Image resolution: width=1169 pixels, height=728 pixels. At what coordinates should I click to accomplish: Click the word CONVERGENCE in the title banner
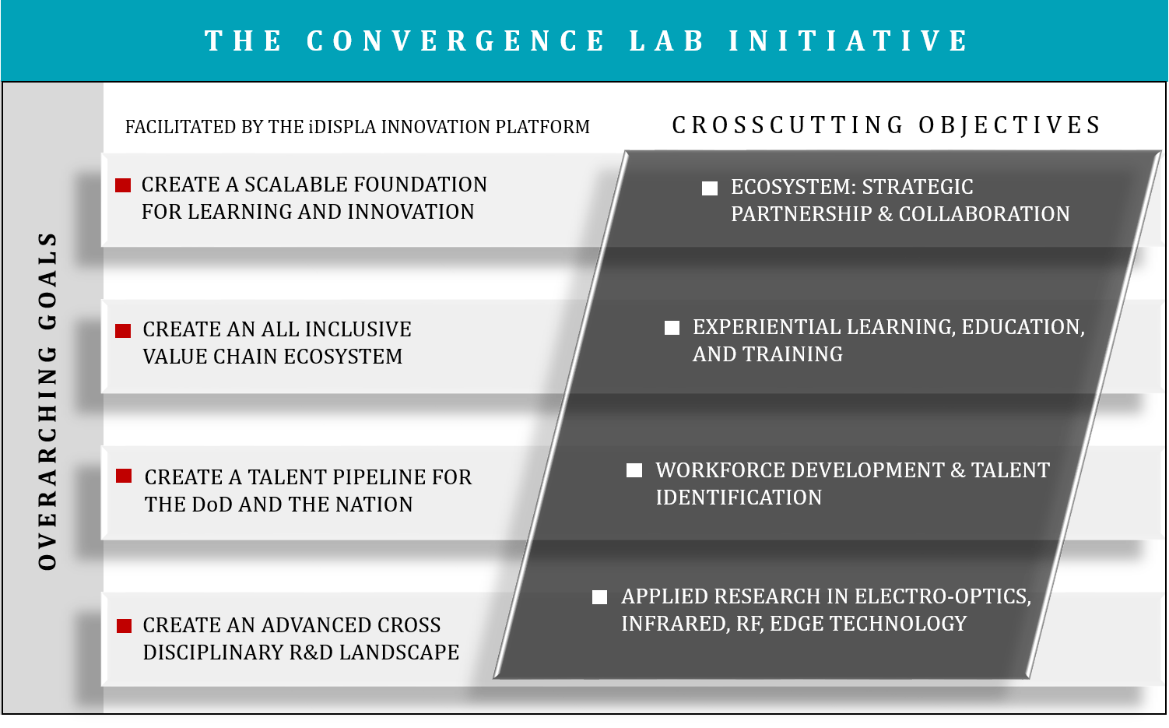pyautogui.click(x=455, y=40)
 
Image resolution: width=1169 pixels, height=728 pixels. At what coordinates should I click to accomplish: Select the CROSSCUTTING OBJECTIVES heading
pyautogui.click(x=886, y=125)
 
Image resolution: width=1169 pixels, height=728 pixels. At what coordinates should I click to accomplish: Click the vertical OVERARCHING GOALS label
pyautogui.click(x=47, y=401)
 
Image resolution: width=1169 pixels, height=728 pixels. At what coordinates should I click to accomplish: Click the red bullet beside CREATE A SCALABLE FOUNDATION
pyautogui.click(x=123, y=185)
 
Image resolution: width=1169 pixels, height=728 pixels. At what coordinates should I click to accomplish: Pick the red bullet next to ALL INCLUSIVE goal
pyautogui.click(x=123, y=331)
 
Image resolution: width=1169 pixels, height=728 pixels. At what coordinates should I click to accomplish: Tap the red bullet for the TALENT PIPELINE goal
pyautogui.click(x=124, y=476)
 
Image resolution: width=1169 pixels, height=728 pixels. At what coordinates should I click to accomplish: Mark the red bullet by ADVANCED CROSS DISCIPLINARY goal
pyautogui.click(x=125, y=626)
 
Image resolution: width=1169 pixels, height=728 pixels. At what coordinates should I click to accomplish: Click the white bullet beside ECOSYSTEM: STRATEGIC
pyautogui.click(x=710, y=188)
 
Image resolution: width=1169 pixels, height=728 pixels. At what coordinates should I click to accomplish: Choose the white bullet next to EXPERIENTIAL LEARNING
pyautogui.click(x=672, y=328)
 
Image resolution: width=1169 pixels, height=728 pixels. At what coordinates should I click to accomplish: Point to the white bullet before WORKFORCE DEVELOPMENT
pyautogui.click(x=634, y=470)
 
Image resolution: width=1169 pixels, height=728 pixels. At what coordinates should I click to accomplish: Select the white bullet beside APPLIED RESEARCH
pyautogui.click(x=599, y=597)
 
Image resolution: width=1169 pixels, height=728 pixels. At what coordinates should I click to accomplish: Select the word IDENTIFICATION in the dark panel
pyautogui.click(x=739, y=498)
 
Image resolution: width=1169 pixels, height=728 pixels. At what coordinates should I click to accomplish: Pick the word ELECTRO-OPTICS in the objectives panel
pyautogui.click(x=943, y=596)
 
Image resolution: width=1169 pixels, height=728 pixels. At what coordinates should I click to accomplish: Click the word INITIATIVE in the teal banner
pyautogui.click(x=848, y=40)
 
